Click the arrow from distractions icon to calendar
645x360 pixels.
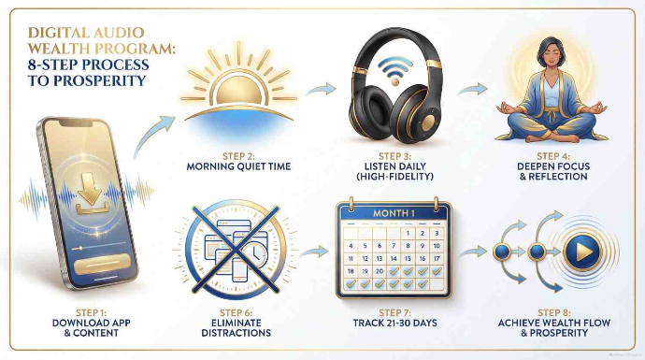(x=318, y=250)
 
